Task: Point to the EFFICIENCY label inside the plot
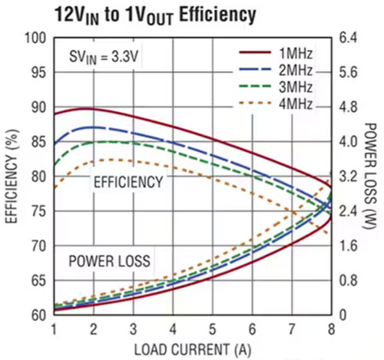127,182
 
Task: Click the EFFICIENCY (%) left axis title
11,177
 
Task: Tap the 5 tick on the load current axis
212,329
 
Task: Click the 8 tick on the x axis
331,329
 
